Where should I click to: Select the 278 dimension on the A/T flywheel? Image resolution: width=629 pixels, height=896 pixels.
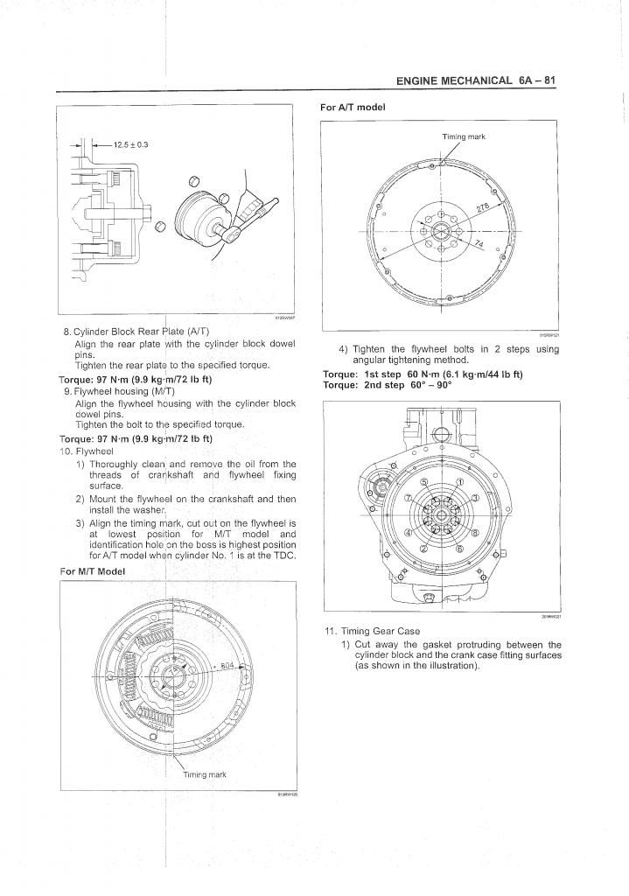point(481,207)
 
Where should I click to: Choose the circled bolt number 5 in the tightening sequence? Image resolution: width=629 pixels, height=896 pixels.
point(424,481)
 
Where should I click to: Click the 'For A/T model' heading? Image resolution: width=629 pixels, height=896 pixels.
point(353,107)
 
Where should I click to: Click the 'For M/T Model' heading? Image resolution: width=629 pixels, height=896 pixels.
point(92,570)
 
